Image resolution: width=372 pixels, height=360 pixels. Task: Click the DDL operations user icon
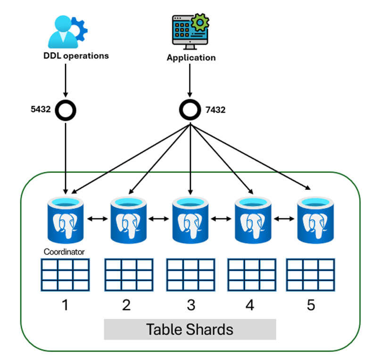tap(67, 32)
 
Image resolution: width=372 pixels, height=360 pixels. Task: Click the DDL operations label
tap(76, 56)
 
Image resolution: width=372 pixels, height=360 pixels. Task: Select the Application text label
tap(191, 57)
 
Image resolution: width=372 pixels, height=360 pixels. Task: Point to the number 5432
tap(41, 109)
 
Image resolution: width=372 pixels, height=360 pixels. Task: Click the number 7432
tap(215, 110)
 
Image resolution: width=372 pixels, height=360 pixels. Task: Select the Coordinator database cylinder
tap(66, 221)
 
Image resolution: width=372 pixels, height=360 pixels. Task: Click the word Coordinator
tap(64, 252)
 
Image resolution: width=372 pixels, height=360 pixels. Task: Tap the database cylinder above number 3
tap(190, 221)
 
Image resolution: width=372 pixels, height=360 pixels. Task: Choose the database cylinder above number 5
tap(315, 221)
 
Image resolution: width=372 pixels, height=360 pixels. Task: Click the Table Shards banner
tap(190, 329)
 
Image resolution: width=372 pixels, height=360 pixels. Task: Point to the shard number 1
tap(65, 305)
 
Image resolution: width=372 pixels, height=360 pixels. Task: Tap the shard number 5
tap(311, 305)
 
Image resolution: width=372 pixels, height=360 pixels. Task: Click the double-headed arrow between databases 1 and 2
tap(97, 219)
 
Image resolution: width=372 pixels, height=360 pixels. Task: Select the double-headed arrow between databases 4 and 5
tap(284, 219)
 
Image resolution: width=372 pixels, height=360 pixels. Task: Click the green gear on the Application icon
tap(200, 23)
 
